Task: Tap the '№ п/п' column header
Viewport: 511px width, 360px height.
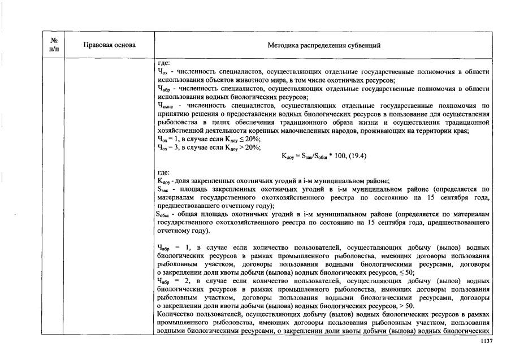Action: [55, 45]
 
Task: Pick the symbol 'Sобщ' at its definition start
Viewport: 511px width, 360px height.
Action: [164, 215]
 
